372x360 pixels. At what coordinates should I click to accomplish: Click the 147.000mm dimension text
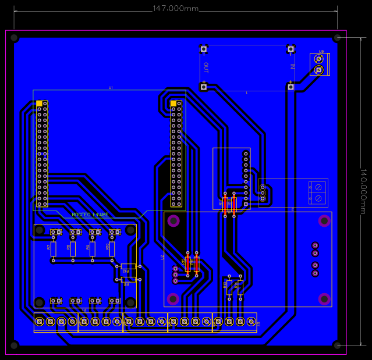[x=175, y=9]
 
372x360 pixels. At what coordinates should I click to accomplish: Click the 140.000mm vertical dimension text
[x=363, y=191]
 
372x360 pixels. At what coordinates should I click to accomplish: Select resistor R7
[x=53, y=249]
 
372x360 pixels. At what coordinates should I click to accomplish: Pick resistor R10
[x=112, y=249]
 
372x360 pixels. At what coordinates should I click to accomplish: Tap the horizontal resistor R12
[x=128, y=266]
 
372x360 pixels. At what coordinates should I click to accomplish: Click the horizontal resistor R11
[x=128, y=279]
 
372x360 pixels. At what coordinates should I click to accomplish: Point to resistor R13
[x=229, y=286]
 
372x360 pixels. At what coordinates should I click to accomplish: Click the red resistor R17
[x=225, y=204]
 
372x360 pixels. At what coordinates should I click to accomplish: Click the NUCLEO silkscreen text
[x=90, y=214]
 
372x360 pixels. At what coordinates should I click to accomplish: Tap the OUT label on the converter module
[x=206, y=67]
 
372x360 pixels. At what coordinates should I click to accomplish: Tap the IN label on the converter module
[x=292, y=66]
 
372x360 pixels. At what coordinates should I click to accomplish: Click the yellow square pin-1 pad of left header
[x=40, y=103]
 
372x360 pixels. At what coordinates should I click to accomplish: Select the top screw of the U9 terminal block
[x=318, y=59]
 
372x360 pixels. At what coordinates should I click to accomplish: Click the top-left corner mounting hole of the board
[x=15, y=38]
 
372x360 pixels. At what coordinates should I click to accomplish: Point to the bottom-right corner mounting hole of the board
[x=336, y=345]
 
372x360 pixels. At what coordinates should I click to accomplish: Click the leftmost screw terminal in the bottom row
[x=40, y=321]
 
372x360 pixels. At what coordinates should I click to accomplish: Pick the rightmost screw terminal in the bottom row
[x=251, y=321]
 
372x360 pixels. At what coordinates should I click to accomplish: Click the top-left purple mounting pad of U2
[x=173, y=220]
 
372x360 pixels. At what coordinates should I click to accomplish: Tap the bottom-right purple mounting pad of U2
[x=324, y=298]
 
